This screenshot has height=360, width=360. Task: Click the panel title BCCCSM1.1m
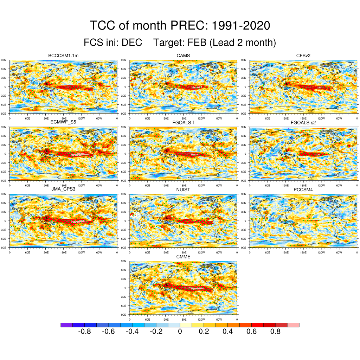(x=63, y=56)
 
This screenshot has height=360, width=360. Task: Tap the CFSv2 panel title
(x=303, y=56)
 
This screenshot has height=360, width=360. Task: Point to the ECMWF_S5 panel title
(x=63, y=122)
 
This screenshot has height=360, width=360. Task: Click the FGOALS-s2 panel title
(x=303, y=122)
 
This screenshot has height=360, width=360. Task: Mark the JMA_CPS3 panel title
(x=63, y=189)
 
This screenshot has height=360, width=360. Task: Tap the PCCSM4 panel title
(x=303, y=189)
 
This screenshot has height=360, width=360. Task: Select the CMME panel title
(x=183, y=257)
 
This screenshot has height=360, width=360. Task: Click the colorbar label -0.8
(x=84, y=332)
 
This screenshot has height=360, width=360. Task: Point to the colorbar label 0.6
(x=252, y=332)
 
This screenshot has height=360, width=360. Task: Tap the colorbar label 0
(x=180, y=332)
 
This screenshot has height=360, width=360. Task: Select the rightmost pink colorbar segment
(x=294, y=325)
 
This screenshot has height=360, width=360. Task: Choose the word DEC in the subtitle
(x=132, y=43)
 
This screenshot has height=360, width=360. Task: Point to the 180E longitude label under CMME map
(x=183, y=319)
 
